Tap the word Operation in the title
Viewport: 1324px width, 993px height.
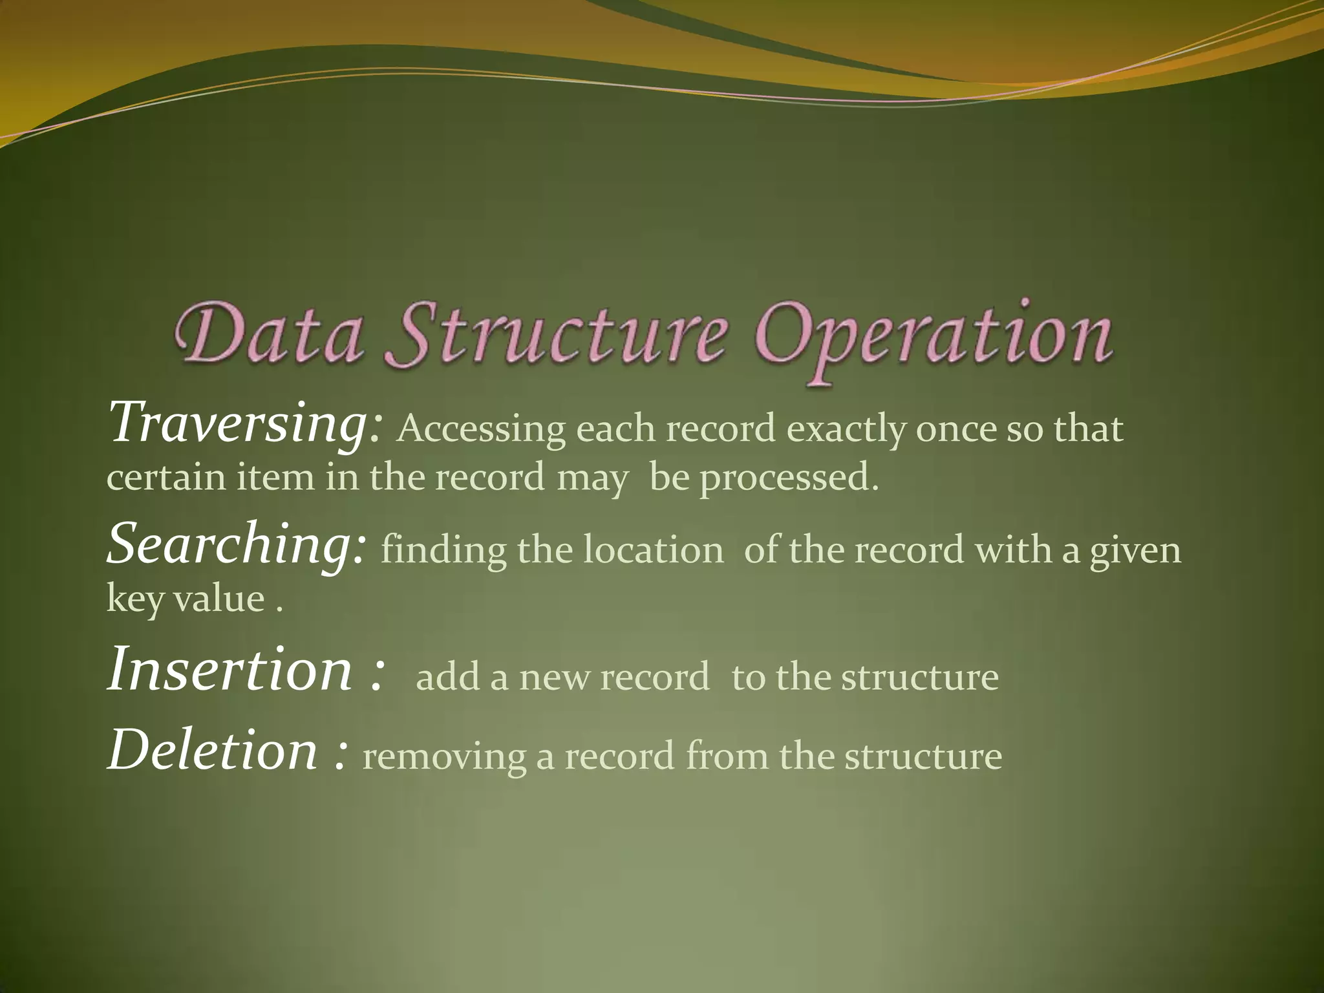[x=934, y=339]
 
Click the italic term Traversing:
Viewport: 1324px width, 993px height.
[x=246, y=423]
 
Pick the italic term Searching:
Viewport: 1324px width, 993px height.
[x=237, y=544]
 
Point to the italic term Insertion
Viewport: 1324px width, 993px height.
[x=230, y=670]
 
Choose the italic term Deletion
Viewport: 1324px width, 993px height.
[x=213, y=751]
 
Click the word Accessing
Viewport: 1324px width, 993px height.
[x=481, y=430]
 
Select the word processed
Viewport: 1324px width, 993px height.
[x=789, y=478]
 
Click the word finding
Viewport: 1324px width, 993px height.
[x=443, y=550]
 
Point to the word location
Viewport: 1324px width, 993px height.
[x=653, y=550]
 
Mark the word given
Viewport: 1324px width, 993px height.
[x=1135, y=551]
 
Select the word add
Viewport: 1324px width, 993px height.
[x=447, y=678]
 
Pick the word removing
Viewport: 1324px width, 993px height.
[x=444, y=758]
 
